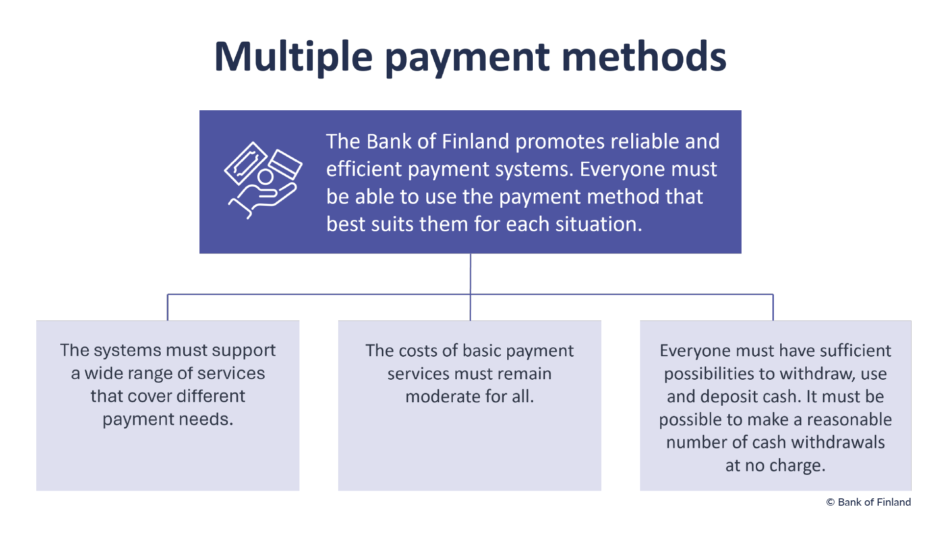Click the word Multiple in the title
point(294,58)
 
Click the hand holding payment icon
point(263,180)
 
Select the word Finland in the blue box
point(476,142)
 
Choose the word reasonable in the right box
point(849,420)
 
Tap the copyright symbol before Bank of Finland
point(830,502)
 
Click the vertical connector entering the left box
point(168,307)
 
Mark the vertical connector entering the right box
point(773,307)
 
